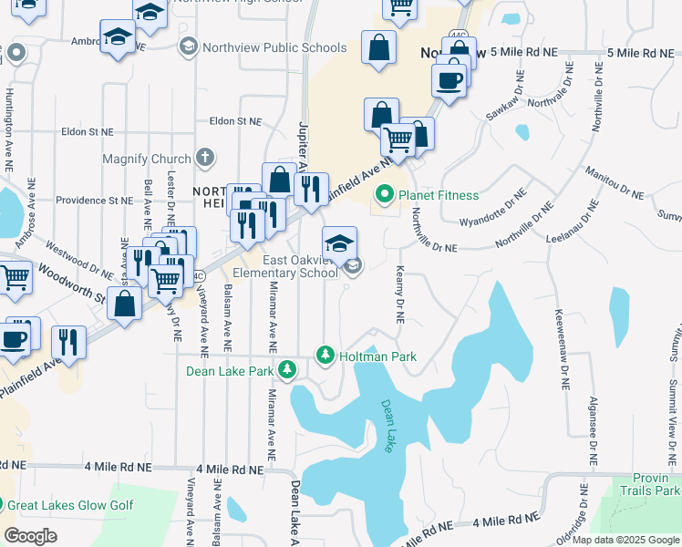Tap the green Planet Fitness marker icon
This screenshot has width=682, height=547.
tap(385, 195)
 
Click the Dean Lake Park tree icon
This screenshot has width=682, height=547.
tap(288, 369)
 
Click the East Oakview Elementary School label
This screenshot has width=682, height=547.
tap(285, 266)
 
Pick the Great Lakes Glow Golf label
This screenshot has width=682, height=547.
tap(70, 505)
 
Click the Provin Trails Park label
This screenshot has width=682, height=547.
tap(656, 484)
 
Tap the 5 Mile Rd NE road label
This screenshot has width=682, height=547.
tap(523, 53)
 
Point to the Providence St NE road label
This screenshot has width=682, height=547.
tap(95, 200)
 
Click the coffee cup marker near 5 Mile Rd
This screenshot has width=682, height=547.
tap(449, 81)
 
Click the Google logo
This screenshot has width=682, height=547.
tap(31, 537)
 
